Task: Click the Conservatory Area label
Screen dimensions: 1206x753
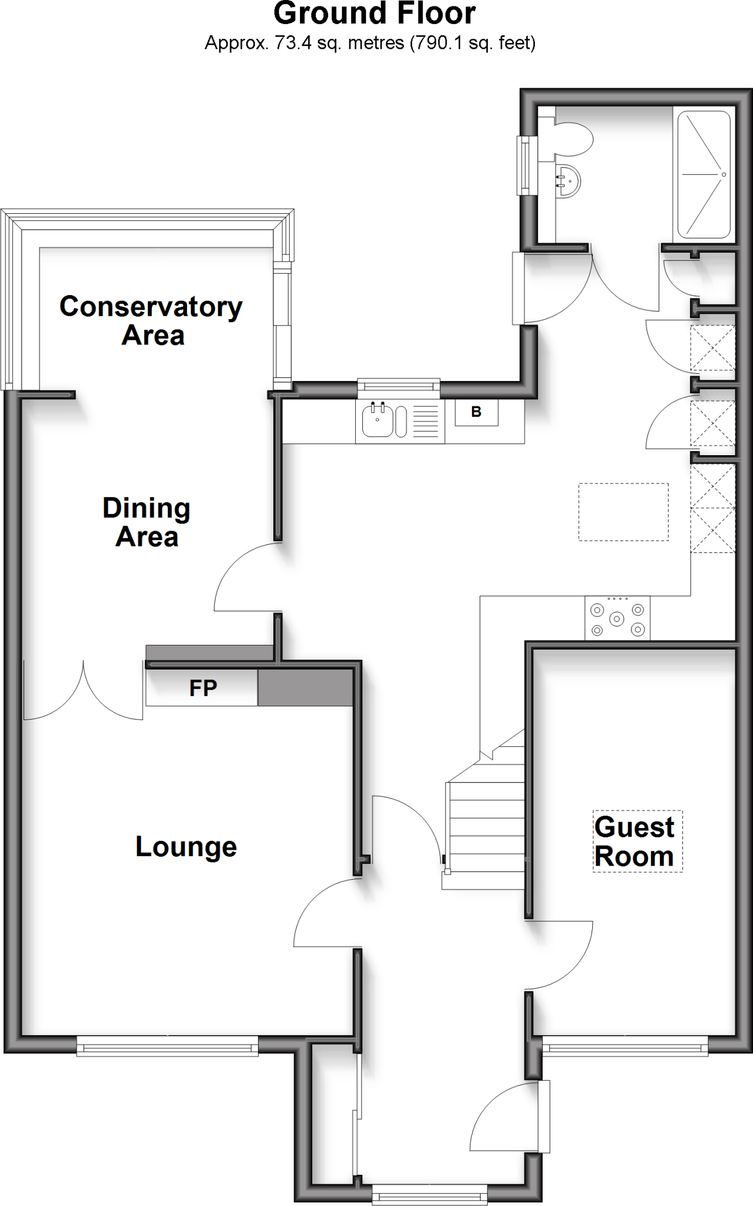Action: pos(151,321)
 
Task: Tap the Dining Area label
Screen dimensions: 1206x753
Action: pos(147,522)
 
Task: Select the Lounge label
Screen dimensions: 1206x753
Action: pos(186,847)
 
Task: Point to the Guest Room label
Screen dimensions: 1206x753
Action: pos(635,841)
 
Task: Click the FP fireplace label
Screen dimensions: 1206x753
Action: pos(203,688)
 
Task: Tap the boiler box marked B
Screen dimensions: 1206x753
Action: pos(476,412)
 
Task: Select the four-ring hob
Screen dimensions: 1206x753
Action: pos(617,618)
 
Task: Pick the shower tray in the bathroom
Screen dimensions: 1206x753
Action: pos(704,175)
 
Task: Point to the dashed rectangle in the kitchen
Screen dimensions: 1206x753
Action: pos(623,512)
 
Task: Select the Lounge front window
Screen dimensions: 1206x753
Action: pos(167,1048)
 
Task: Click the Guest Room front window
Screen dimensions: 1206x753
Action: pos(625,1048)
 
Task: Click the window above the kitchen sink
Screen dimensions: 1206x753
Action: pos(399,386)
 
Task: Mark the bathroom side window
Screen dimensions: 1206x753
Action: pos(524,165)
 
